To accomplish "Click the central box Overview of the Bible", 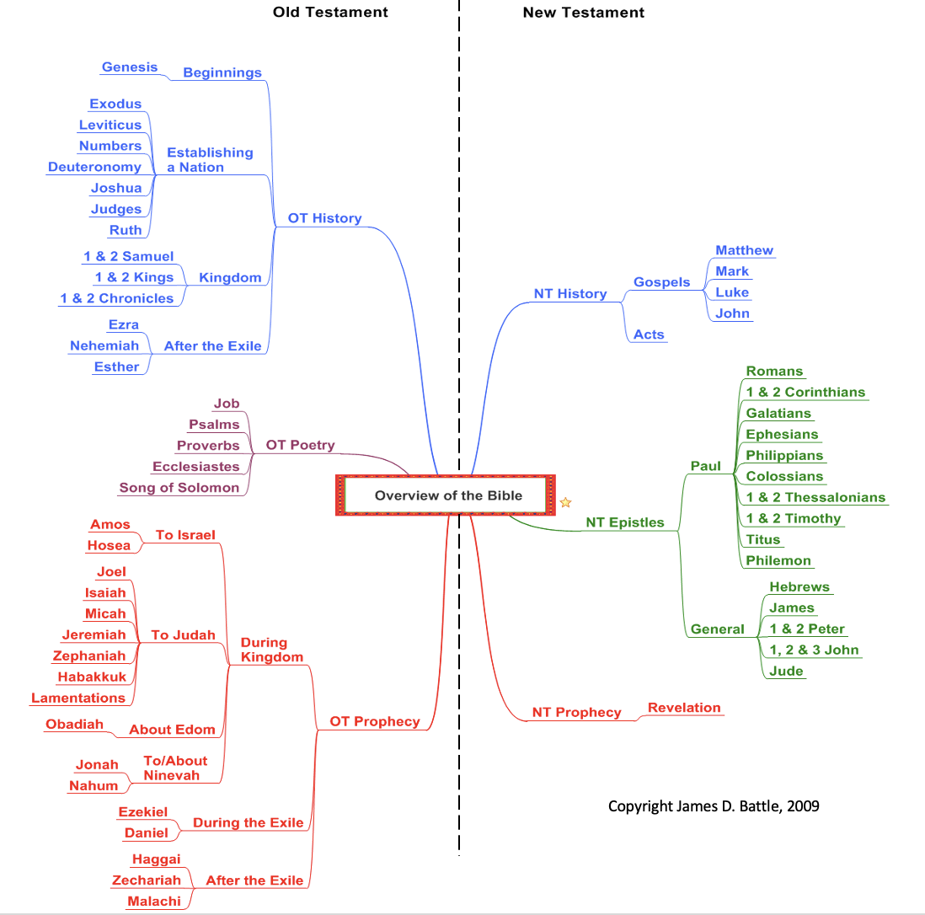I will (x=448, y=495).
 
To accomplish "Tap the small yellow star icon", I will (x=566, y=503).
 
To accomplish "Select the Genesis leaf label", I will (x=130, y=67).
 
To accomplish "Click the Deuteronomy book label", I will (x=94, y=167).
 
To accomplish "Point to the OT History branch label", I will (x=324, y=218).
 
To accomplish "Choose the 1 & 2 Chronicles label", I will (x=116, y=298).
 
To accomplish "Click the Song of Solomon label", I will (x=179, y=488).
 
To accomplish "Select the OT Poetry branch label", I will (x=300, y=445).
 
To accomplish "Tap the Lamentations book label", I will (x=78, y=698).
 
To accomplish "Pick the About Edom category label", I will (x=172, y=730).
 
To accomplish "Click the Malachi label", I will (x=154, y=902).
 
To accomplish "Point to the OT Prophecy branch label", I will (x=374, y=721).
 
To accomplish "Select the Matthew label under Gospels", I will (x=744, y=250).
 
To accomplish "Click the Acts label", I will (x=649, y=334).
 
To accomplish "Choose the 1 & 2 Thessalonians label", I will (x=815, y=497).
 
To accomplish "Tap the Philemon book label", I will (x=778, y=560).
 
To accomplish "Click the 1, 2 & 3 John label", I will (x=814, y=650).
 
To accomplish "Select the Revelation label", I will (x=684, y=708).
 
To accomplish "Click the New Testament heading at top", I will (x=583, y=12).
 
